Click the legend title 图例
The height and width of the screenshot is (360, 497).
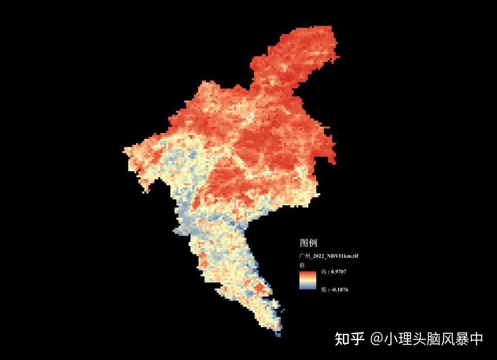tap(308, 243)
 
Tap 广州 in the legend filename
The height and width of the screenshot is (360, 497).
tap(304, 255)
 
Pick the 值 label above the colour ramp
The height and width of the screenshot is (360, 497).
tap(302, 265)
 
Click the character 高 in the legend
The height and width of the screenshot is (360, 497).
tap(324, 272)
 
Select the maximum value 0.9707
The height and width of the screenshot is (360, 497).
tap(339, 272)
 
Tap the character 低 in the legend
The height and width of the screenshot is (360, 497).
tap(324, 289)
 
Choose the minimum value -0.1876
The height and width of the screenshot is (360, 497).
tap(340, 289)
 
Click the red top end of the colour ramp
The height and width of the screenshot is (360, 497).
tap(307, 273)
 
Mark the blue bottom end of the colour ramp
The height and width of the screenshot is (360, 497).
tap(307, 288)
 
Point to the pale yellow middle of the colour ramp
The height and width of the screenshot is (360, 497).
tap(307, 280)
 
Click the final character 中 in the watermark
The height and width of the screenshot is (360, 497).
tap(476, 339)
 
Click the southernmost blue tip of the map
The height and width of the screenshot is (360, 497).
tap(278, 335)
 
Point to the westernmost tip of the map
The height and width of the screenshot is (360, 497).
tap(125, 150)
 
